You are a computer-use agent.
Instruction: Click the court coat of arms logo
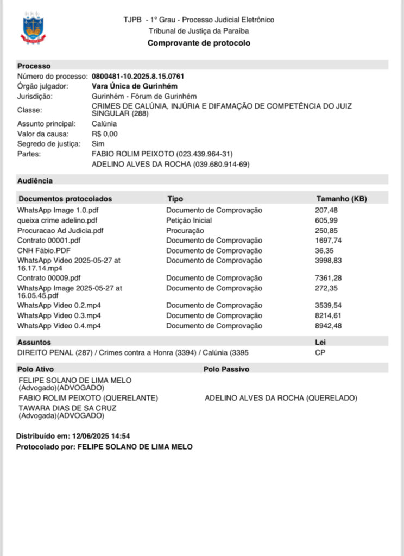point(33,29)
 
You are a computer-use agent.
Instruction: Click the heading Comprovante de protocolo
point(199,43)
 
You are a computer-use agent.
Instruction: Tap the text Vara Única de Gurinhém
point(135,86)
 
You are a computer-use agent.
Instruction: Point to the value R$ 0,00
point(105,134)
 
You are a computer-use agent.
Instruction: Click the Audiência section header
point(35,180)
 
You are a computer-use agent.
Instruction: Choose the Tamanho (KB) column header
point(342,199)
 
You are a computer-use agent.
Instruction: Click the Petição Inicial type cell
point(189,220)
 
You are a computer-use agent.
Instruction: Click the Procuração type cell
point(185,230)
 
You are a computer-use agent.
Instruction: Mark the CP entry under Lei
point(320,352)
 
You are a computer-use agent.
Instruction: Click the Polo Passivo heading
point(226,369)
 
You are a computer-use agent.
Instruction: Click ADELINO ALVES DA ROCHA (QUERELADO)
point(281,398)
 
